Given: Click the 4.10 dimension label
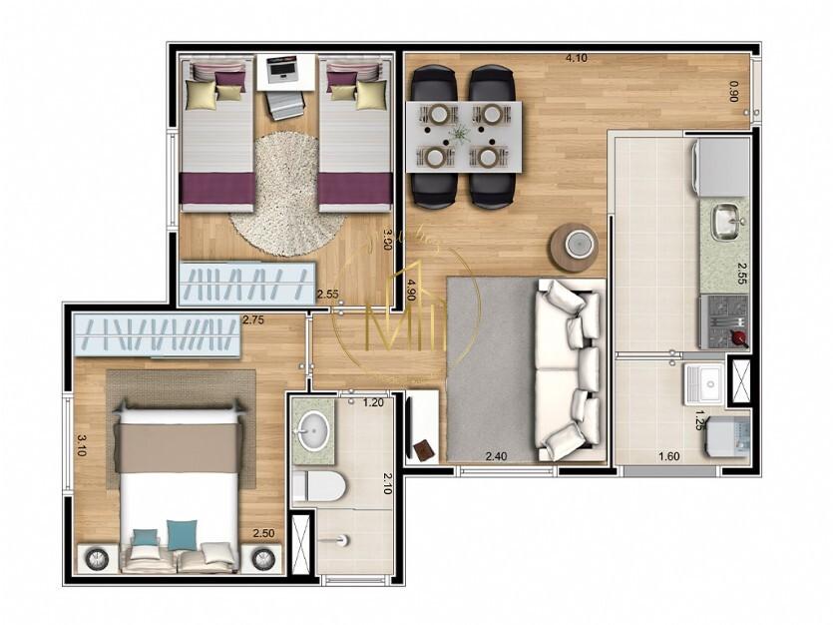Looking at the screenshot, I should [576, 58].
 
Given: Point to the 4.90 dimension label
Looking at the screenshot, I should [410, 290].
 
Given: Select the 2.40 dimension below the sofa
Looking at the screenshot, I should [496, 456].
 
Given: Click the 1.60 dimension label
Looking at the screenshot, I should [669, 458].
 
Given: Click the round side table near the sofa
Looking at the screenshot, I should [573, 246].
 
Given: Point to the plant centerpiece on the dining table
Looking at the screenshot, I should [460, 135].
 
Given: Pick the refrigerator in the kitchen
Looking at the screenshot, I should [722, 167].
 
